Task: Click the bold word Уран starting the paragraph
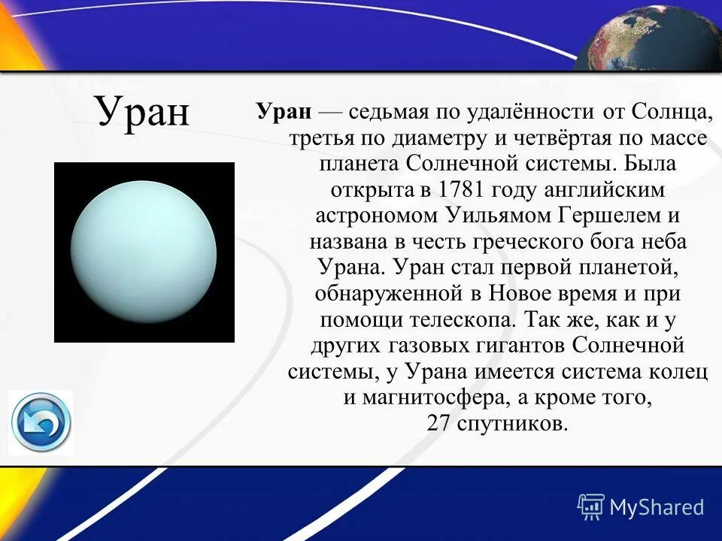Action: [284, 112]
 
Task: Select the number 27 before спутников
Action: [438, 423]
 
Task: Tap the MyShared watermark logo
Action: [641, 506]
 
